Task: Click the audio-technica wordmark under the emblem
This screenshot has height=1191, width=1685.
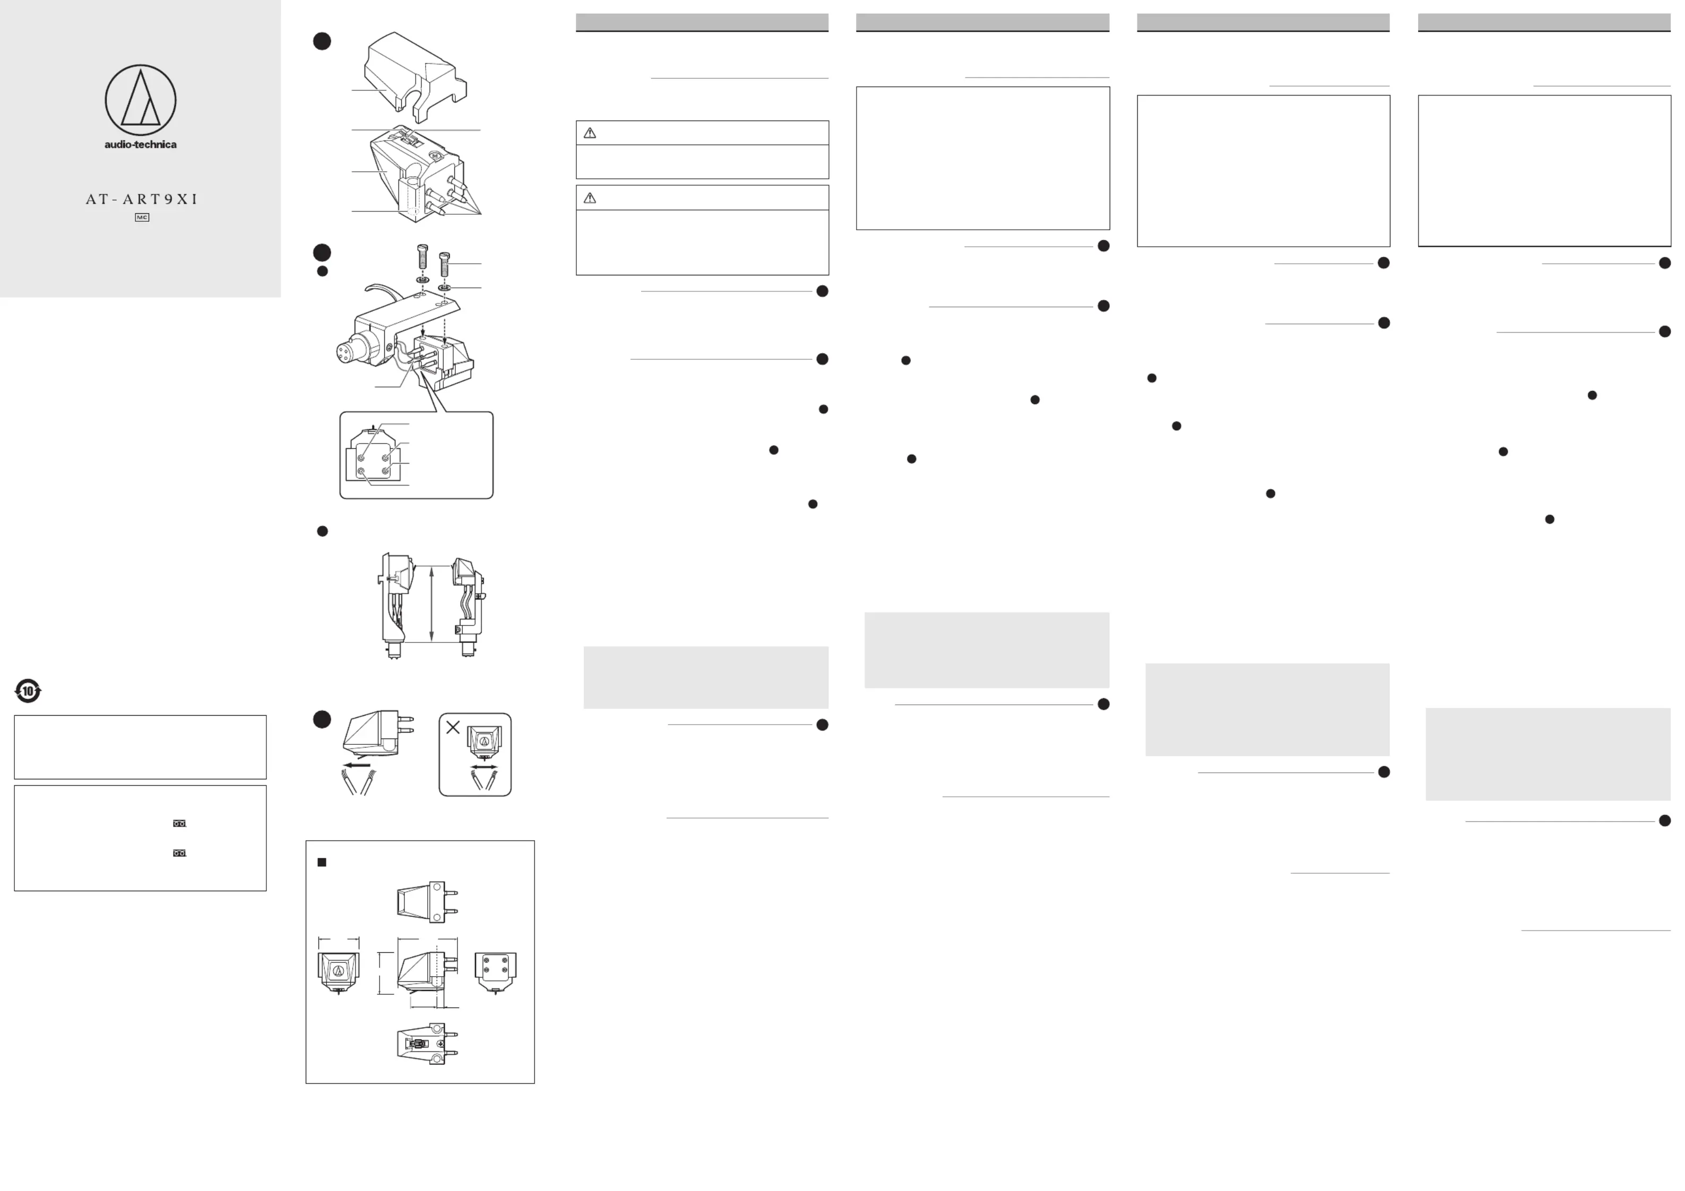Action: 140,144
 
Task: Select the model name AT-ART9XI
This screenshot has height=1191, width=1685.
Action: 142,199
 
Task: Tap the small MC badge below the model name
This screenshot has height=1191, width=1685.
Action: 142,217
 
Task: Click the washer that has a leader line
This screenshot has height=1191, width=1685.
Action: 444,288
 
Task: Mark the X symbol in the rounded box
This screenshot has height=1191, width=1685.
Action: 453,727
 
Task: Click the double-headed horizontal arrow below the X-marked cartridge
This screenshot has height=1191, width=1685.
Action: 483,767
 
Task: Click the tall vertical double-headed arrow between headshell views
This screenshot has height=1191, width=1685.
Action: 431,603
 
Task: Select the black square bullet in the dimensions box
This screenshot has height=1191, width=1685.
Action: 322,862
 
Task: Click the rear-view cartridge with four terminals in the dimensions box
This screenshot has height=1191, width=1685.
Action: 495,972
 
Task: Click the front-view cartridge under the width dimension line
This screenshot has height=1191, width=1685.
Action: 338,972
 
